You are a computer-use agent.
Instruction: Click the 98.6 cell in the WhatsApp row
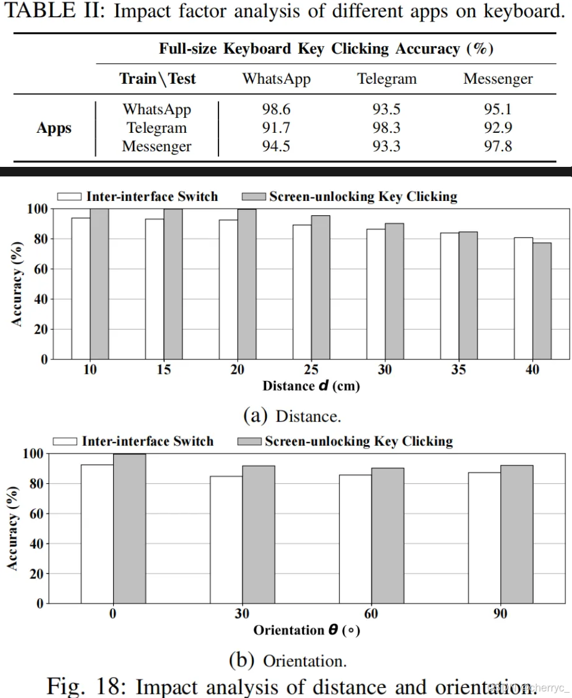276,109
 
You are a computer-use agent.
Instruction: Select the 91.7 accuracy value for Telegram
276,128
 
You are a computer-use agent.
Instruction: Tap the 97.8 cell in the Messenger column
498,147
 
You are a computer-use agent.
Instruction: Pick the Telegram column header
387,79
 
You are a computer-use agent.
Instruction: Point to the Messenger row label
157,147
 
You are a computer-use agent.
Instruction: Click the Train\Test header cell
157,79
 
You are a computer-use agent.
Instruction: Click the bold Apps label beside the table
54,128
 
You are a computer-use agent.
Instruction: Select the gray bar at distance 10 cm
99,284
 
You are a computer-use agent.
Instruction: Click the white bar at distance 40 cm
523,298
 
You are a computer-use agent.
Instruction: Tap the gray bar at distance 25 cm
320,287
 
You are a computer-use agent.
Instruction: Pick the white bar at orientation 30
226,539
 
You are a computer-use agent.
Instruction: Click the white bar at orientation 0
97,534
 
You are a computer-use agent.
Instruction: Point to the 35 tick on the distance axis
458,370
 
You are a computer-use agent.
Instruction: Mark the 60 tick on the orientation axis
371,614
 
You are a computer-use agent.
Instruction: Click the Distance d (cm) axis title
311,386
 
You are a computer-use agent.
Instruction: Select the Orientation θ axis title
306,630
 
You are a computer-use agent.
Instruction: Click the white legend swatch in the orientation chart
65,441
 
